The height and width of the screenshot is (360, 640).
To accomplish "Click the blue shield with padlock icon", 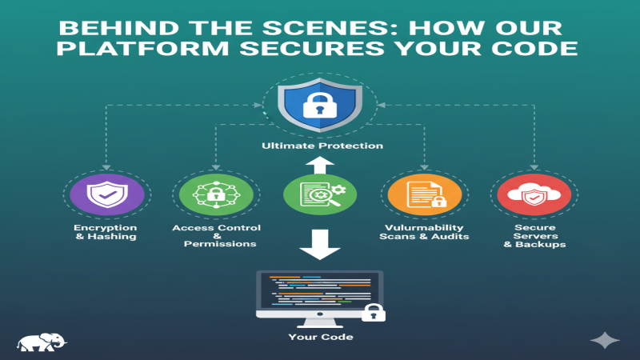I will coord(320,104).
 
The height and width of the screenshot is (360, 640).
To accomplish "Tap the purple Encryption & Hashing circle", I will coord(107,195).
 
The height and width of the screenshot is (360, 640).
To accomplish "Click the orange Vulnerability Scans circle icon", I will coord(424,195).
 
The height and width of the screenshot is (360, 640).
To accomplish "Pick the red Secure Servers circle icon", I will coord(534,195).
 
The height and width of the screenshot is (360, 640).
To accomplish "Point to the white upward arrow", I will coord(320,165).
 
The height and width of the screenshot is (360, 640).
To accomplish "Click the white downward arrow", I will coord(320,243).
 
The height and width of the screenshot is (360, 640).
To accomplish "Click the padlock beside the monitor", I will coord(373,310).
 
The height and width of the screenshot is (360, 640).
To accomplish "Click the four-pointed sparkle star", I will coord(605,340).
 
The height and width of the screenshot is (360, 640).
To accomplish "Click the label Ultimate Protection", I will coord(322,146).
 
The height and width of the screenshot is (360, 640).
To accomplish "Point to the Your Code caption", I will coord(320,337).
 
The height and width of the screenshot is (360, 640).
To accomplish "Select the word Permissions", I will coord(216,243).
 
